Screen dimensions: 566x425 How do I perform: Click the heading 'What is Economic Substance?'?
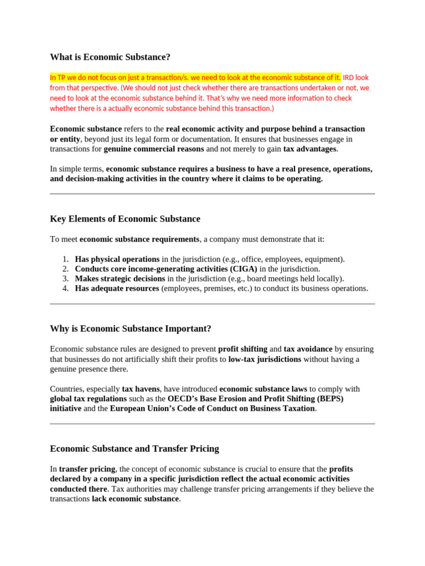click(110, 57)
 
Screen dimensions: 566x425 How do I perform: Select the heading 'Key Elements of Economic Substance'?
click(125, 219)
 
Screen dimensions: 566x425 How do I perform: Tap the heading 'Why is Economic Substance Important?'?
click(131, 328)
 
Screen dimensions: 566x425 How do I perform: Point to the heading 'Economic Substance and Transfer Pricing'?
click(134, 448)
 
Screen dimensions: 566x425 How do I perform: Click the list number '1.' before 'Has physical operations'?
click(65, 259)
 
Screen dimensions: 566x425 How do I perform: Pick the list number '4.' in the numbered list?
click(65, 288)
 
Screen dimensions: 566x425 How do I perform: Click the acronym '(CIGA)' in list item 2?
click(244, 269)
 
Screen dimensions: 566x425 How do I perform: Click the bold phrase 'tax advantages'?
click(309, 149)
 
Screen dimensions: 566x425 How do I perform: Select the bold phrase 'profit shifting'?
click(242, 349)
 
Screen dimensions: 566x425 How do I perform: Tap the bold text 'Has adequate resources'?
click(117, 288)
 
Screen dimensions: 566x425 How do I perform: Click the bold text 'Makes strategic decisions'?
click(120, 279)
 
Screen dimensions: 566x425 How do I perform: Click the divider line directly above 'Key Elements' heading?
click(212, 194)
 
